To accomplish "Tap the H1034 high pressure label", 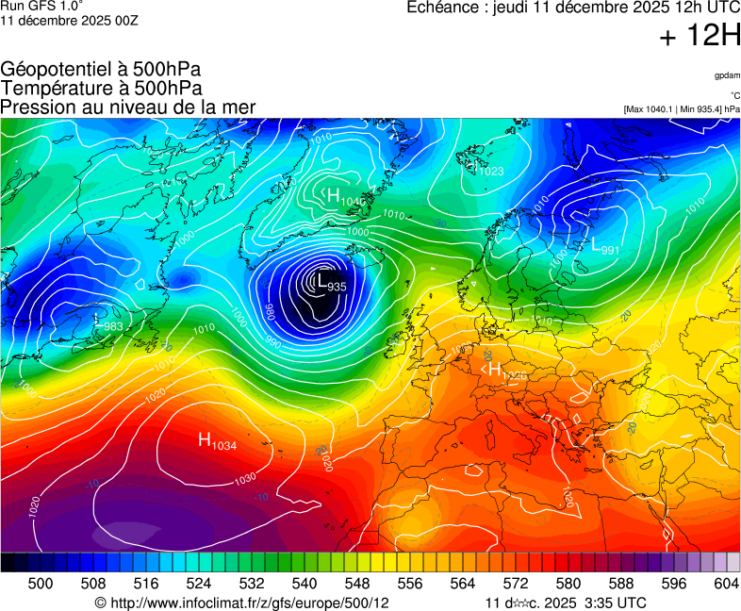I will click(217, 440).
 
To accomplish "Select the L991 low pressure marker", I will click(604, 247).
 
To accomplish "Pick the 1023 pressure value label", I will click(491, 171).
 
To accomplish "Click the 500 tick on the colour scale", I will click(41, 584).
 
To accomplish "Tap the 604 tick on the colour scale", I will click(727, 584).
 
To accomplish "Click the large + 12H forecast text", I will click(699, 37).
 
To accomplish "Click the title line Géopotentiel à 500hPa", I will click(101, 70).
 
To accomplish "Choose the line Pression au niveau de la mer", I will click(128, 107).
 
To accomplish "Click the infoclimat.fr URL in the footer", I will click(242, 603).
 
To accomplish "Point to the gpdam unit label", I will click(727, 74).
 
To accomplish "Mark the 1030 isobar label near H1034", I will click(245, 479).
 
